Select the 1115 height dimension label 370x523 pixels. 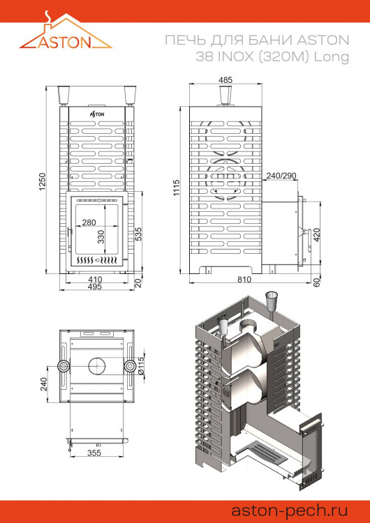177,188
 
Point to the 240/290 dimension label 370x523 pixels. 281,175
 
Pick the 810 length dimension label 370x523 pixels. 244,280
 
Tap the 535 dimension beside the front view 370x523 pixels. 138,234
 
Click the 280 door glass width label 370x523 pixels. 89,223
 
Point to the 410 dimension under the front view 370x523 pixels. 96,279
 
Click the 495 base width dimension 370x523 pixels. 96,287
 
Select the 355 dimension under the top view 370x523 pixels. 95,453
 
